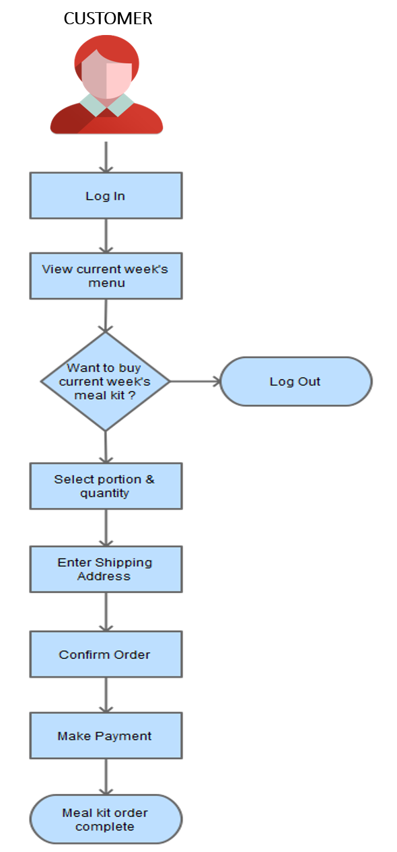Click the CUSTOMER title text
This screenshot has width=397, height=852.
tap(108, 18)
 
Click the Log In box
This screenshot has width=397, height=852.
tap(106, 196)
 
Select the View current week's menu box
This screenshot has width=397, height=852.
tap(106, 276)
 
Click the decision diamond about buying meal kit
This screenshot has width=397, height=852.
tap(106, 381)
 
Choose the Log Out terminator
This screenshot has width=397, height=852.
tap(296, 381)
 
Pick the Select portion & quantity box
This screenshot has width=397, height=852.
tap(106, 486)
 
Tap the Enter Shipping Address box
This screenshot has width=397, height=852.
tap(106, 569)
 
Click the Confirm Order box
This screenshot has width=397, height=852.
tap(106, 654)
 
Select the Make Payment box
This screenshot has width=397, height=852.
tap(106, 736)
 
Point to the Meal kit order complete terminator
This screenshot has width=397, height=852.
tap(106, 819)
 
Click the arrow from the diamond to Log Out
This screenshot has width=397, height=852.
tap(195, 381)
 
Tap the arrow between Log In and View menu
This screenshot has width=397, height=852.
tap(106, 236)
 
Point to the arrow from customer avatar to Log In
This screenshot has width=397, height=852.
tap(106, 157)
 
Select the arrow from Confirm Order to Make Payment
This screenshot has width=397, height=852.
tap(106, 695)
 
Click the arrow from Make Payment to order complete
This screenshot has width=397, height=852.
tap(106, 777)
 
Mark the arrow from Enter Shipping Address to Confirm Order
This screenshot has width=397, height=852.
tap(106, 612)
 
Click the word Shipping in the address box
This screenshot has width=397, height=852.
tap(124, 563)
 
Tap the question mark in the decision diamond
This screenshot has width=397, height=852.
tap(132, 395)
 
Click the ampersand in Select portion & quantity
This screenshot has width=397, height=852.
tap(150, 479)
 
